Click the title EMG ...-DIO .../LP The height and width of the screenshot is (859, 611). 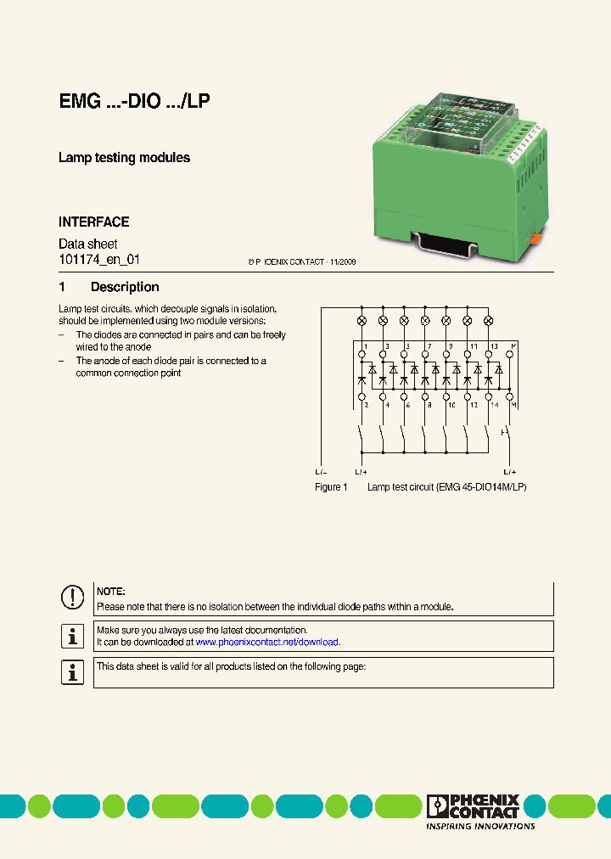(134, 102)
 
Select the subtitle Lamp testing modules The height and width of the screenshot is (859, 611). (124, 158)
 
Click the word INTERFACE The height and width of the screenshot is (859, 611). (93, 222)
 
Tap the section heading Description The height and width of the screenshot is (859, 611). (125, 287)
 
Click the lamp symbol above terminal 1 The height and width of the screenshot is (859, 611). (362, 321)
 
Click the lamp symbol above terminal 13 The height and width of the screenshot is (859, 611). (488, 321)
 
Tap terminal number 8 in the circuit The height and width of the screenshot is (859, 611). (429, 406)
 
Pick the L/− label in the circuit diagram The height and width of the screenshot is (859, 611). (321, 471)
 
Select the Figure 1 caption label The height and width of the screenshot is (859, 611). (331, 487)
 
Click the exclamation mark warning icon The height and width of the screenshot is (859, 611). (72, 598)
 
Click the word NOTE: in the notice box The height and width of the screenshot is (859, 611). (111, 591)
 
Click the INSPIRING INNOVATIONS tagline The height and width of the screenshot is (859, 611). (479, 826)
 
